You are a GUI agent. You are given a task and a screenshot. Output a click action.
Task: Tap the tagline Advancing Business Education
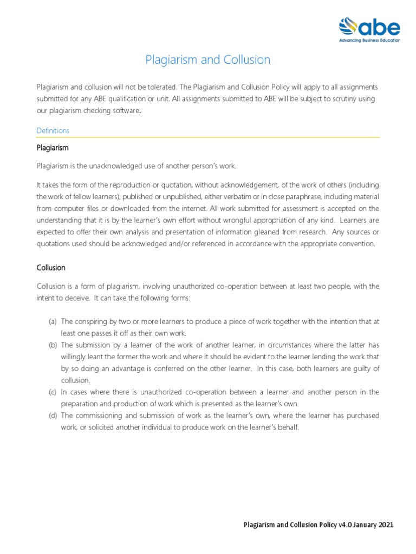[369, 41]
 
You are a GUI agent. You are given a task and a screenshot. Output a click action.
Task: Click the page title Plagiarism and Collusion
[207, 60]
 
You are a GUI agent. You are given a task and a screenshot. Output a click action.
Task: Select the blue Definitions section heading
[53, 131]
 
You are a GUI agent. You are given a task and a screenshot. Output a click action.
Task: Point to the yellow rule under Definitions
[207, 137]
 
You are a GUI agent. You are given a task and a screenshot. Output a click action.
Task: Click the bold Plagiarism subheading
[52, 148]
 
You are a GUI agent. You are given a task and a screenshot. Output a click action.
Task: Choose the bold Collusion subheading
[51, 268]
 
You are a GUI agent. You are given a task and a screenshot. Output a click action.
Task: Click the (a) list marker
[53, 321]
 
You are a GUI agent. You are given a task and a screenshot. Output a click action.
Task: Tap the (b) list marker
[53, 345]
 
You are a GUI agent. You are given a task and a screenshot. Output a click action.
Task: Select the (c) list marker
[53, 392]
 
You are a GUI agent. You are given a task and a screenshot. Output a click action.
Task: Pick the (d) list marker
[53, 415]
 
